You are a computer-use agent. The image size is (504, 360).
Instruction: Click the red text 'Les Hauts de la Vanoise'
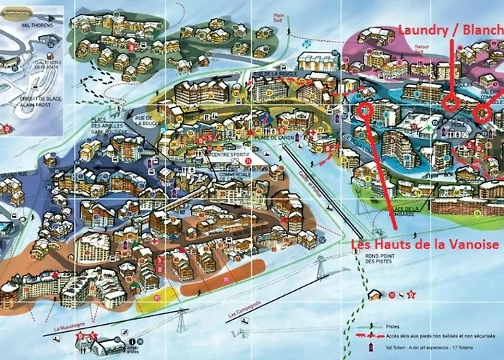click(x=425, y=246)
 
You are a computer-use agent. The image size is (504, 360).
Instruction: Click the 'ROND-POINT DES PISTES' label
click(x=381, y=263)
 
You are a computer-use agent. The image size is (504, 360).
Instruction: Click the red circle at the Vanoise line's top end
click(x=365, y=110)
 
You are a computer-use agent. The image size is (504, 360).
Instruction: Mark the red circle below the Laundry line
click(x=451, y=102)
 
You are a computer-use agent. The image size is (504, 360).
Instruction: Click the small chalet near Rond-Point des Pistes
click(x=374, y=294)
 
